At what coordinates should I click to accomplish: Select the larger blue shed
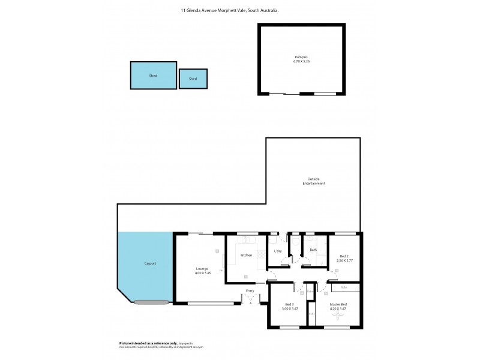154,76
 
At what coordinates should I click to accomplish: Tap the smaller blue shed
193,79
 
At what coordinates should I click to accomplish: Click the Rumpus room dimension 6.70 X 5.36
302,61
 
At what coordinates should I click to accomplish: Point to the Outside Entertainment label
314,181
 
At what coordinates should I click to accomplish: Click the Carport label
150,263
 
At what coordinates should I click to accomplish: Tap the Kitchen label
246,256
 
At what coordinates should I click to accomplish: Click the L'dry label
278,251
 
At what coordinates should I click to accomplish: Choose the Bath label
313,250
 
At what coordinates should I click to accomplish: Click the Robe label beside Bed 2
343,287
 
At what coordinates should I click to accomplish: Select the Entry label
250,291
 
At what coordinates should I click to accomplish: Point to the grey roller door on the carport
152,301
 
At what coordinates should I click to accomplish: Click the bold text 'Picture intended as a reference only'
146,343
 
